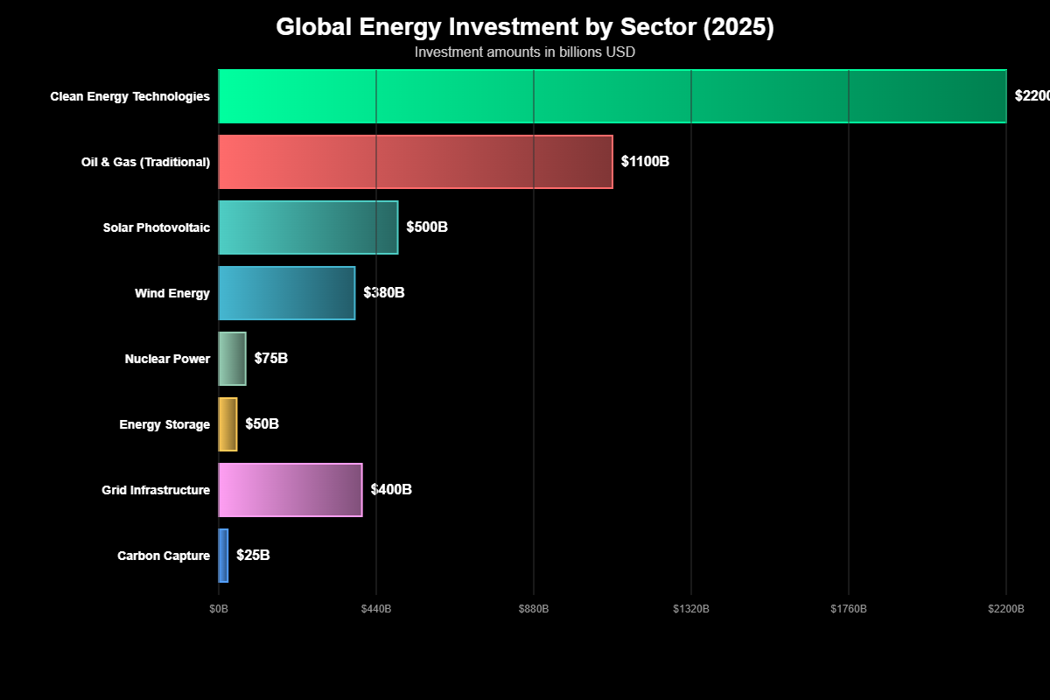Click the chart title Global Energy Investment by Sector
click(525, 27)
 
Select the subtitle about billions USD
click(525, 52)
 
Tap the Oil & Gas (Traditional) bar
click(416, 162)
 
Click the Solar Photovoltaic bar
click(308, 227)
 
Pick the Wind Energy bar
click(287, 293)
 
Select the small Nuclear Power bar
click(233, 359)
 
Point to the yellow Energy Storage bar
click(227, 424)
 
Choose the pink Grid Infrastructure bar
click(290, 490)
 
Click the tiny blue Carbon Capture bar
click(223, 556)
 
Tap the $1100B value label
click(645, 162)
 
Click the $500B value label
click(427, 227)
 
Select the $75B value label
click(271, 359)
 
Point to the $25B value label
click(253, 556)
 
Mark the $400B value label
click(391, 490)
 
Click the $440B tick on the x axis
click(376, 608)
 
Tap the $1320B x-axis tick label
click(691, 608)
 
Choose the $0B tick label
click(219, 608)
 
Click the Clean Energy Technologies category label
click(130, 96)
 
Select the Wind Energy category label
click(172, 293)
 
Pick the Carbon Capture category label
click(164, 556)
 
